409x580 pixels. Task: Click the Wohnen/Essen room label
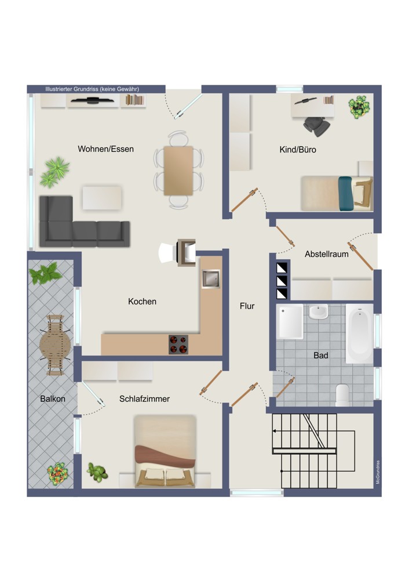[x=105, y=149]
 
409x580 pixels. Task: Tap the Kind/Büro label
[x=298, y=150]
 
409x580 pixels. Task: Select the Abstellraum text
[x=327, y=254]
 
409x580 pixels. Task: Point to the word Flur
[x=247, y=306]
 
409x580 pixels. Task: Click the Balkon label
[x=53, y=399]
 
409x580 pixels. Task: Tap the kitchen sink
[x=211, y=279]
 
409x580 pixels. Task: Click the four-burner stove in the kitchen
[x=178, y=345]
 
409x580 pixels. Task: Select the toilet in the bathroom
[x=342, y=394]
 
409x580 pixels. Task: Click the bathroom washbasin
[x=318, y=311]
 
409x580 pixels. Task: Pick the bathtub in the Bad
[x=360, y=333]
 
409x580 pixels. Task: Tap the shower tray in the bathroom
[x=290, y=321]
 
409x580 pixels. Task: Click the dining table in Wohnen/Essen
[x=178, y=171]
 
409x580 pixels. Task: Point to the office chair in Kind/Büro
[x=317, y=125]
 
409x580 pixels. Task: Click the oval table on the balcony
[x=55, y=345]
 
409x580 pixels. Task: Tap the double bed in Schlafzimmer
[x=165, y=451]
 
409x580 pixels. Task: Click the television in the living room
[x=92, y=100]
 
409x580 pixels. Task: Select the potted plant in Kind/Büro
[x=359, y=107]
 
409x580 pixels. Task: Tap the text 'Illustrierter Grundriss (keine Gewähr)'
[x=92, y=89]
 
